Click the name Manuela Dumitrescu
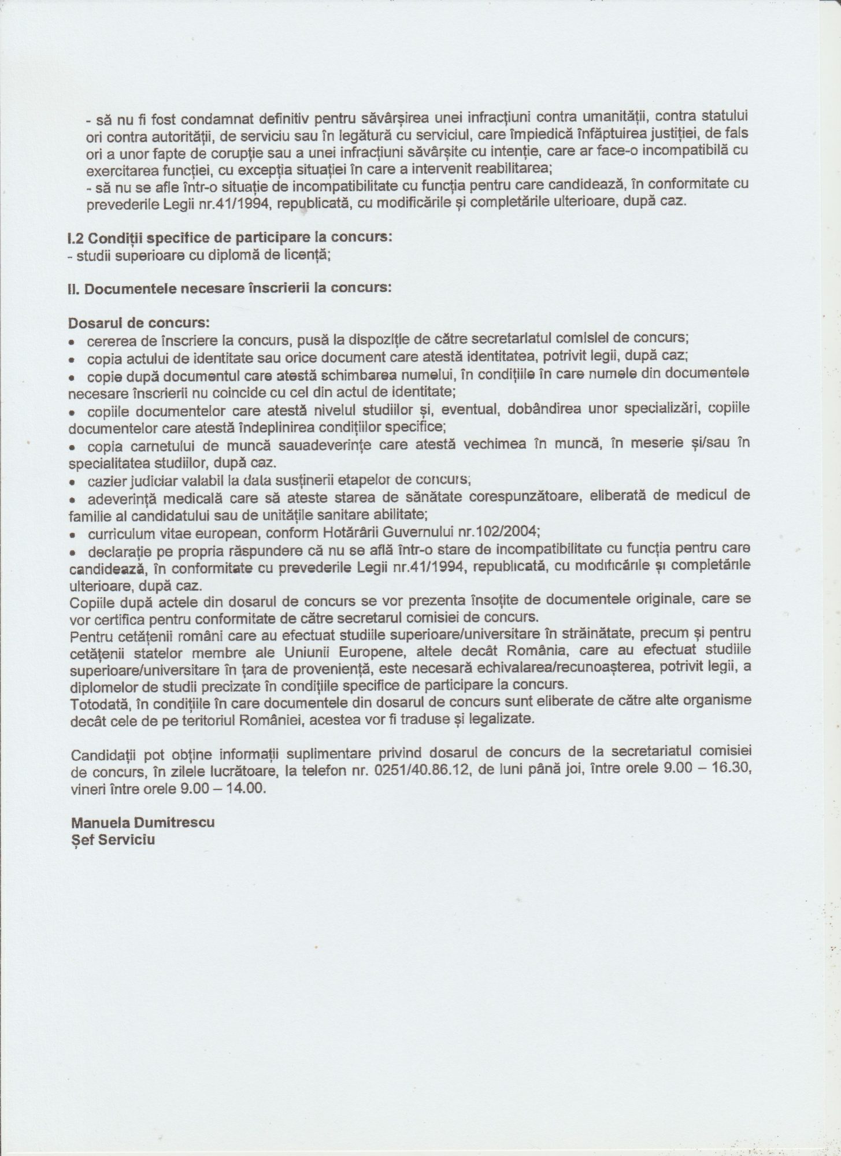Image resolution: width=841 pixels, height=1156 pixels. coord(142,822)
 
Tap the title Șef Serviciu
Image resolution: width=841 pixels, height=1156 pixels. coord(112,839)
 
